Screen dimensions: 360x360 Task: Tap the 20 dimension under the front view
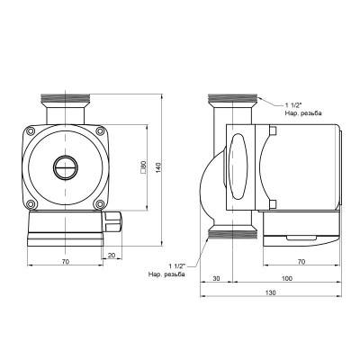(111, 256)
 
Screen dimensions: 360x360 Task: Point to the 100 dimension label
(286, 278)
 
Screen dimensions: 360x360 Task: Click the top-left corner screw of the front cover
(33, 130)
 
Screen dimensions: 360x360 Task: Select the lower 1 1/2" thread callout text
(168, 269)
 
